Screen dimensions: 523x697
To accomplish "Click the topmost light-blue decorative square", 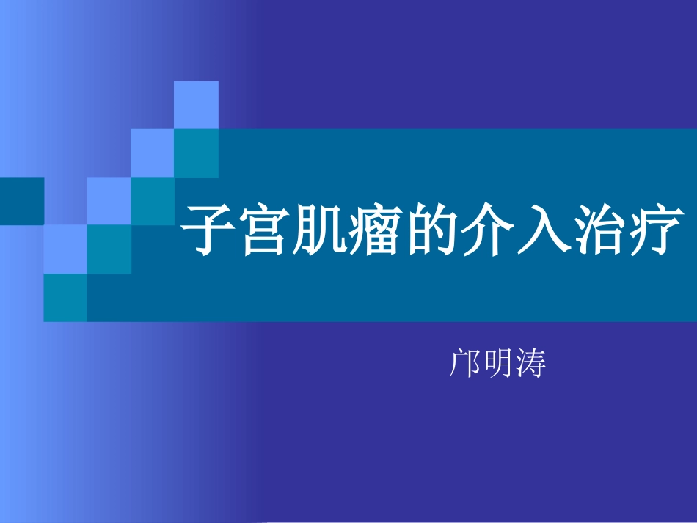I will click(x=196, y=105).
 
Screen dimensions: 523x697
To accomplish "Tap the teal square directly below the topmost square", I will click(x=196, y=153).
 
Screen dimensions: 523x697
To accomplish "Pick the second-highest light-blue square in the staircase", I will click(x=153, y=153).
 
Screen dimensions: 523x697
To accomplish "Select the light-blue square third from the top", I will click(x=109, y=201).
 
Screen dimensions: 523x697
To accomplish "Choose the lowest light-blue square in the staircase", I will click(x=65, y=249).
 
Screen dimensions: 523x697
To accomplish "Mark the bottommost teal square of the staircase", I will click(x=65, y=297).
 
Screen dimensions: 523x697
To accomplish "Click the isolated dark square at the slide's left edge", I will click(x=21, y=201).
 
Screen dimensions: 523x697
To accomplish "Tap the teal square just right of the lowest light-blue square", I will click(x=109, y=249).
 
